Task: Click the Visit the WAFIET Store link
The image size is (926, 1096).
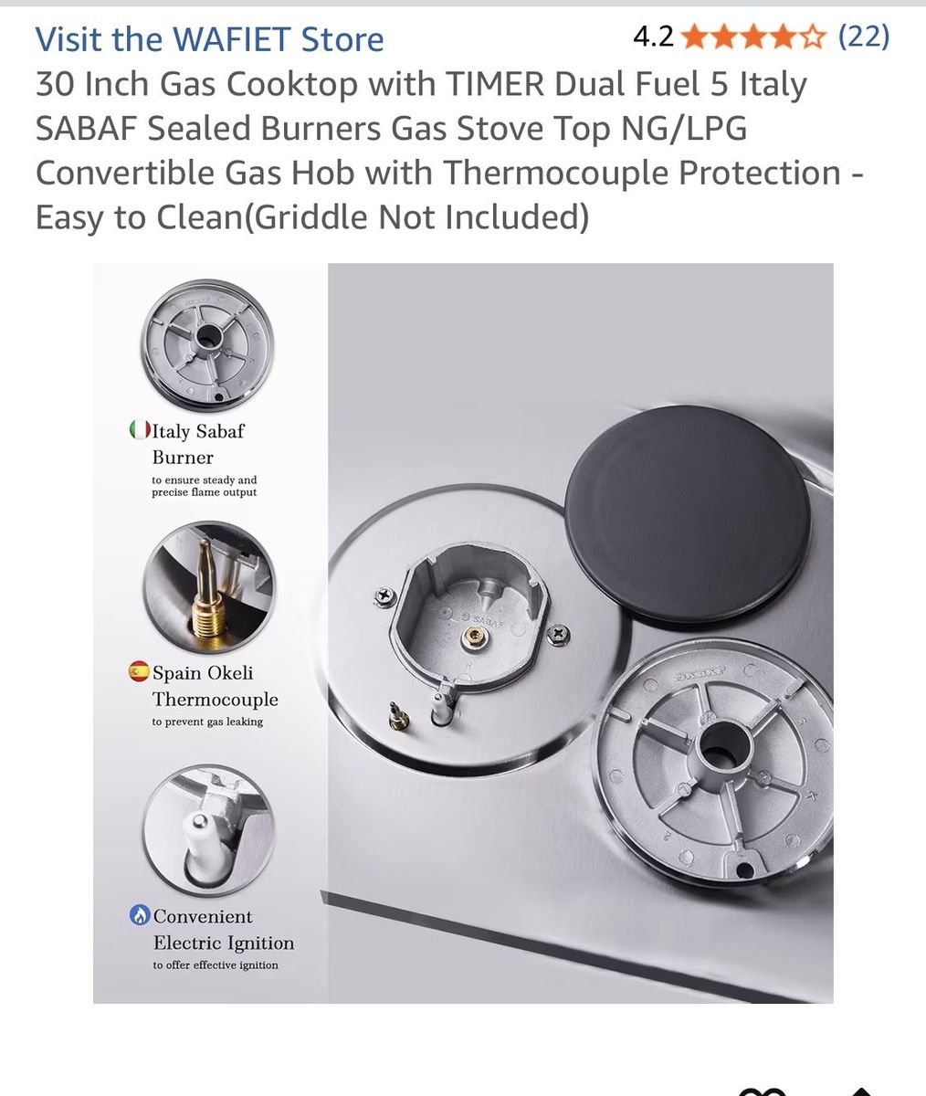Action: (209, 39)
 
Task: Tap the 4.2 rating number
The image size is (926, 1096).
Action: (653, 37)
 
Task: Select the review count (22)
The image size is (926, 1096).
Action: (864, 37)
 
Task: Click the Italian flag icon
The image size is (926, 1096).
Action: (140, 430)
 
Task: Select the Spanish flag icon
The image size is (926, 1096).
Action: (139, 671)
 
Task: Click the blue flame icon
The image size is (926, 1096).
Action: (140, 915)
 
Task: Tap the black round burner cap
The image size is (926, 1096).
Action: (687, 514)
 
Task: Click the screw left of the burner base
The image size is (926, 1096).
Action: (384, 596)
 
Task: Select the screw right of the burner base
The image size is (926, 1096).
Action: (557, 634)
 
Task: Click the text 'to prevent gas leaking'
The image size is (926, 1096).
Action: (207, 722)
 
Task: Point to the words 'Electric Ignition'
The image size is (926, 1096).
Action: (224, 943)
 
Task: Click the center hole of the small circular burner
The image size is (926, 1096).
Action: (208, 335)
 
